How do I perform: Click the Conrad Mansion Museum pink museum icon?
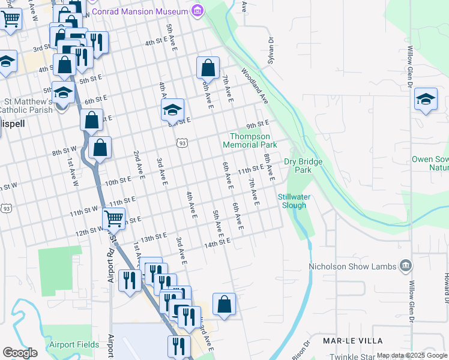point(197,11)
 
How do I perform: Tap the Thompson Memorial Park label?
point(250,140)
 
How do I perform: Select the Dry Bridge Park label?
point(303,166)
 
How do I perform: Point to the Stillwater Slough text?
point(292,201)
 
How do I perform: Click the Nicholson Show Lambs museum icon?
point(406,266)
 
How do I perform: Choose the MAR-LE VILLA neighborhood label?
point(353,340)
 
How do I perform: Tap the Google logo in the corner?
point(20,353)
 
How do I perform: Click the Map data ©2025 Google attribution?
point(412,356)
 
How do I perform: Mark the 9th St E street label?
point(256,124)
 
